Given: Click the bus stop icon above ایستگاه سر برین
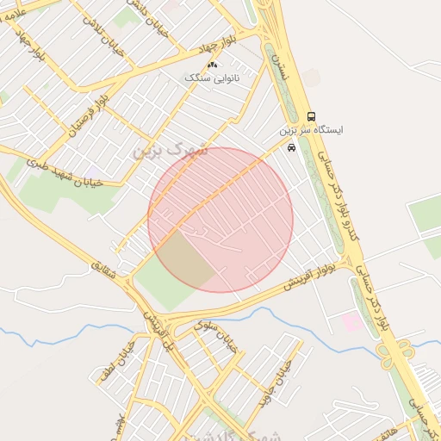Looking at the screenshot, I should (x=311, y=116).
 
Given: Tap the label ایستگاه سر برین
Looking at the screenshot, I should (x=311, y=131).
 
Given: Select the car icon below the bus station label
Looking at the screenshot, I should (x=292, y=147).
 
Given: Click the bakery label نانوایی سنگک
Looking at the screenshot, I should (x=211, y=78).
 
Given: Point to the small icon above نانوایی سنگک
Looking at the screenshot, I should (x=213, y=65).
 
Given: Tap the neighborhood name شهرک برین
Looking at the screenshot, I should (x=172, y=149).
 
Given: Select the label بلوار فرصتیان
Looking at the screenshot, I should (x=92, y=115).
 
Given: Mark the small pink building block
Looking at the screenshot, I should (x=352, y=322).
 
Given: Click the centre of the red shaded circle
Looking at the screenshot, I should (x=220, y=220).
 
